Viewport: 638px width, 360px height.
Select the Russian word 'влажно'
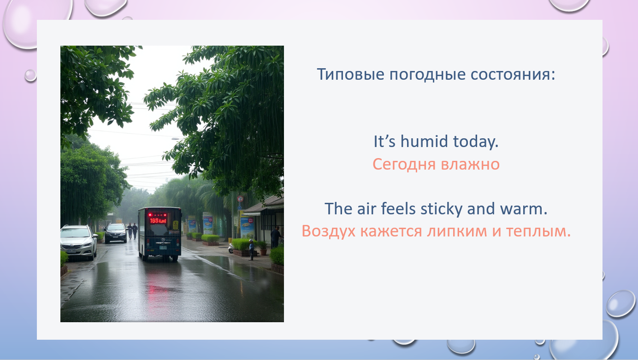click(470, 165)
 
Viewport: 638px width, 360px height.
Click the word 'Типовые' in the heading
click(351, 74)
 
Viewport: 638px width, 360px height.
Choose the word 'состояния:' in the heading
click(513, 75)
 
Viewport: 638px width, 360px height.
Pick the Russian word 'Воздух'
click(329, 231)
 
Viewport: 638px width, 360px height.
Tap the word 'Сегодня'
click(404, 165)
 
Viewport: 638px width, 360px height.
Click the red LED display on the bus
click(158, 220)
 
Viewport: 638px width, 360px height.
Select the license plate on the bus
click(163, 248)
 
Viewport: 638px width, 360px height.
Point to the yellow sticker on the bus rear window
click(176, 225)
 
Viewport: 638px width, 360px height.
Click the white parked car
click(78, 242)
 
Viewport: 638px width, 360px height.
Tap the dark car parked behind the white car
click(116, 233)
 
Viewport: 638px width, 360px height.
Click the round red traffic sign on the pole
click(240, 199)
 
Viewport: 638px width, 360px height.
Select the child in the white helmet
click(251, 249)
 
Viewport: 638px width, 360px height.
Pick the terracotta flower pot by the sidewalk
click(264, 252)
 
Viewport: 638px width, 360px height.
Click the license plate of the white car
click(71, 252)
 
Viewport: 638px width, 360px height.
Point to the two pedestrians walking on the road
click(132, 230)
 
